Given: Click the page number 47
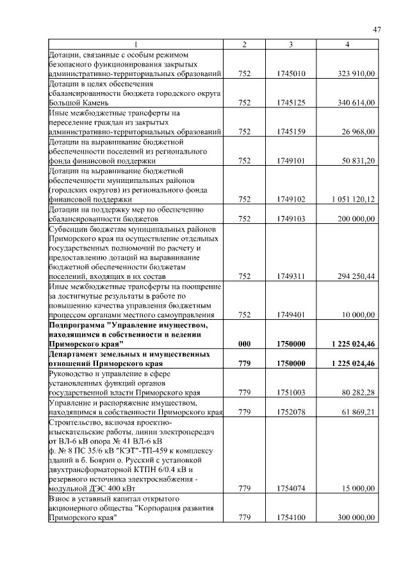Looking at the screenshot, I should [377, 30].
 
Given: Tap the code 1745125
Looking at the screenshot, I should [291, 102].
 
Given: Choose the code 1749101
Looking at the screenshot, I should [291, 161].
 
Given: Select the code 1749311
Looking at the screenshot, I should [291, 276].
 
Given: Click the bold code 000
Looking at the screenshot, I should [243, 344].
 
